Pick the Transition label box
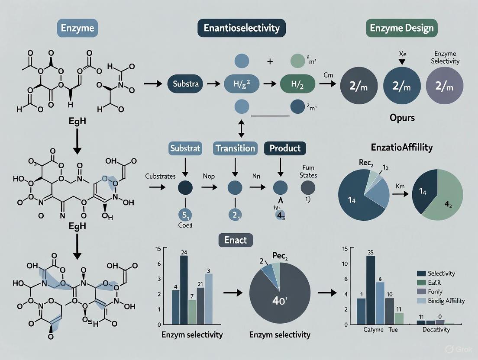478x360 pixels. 235,148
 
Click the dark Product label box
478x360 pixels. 285,148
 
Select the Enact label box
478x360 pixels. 236,240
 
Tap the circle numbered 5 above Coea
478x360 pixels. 185,215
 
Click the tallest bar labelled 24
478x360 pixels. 184,290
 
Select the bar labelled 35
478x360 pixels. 370,290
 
